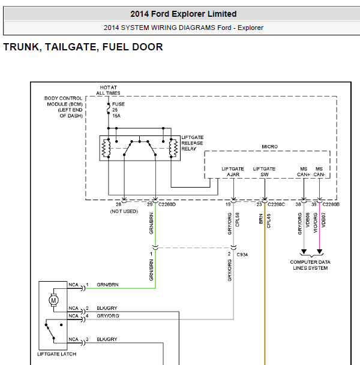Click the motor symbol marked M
[53, 300]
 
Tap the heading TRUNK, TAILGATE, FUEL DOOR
[83, 47]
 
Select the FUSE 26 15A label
[118, 110]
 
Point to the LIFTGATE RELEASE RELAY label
[192, 143]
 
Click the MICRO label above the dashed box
[269, 147]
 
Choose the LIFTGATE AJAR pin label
[233, 171]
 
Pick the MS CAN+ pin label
[304, 171]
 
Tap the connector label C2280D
[167, 204]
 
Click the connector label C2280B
[331, 204]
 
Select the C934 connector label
[242, 255]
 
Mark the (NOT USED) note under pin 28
[124, 212]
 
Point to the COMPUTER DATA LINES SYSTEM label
[310, 265]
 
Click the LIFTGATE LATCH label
[56, 354]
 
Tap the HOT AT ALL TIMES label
[109, 90]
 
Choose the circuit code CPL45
[268, 221]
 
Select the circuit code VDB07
[323, 220]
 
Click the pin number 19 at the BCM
[228, 204]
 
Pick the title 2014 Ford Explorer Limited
[184, 14]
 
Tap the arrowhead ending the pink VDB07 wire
[319, 252]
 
